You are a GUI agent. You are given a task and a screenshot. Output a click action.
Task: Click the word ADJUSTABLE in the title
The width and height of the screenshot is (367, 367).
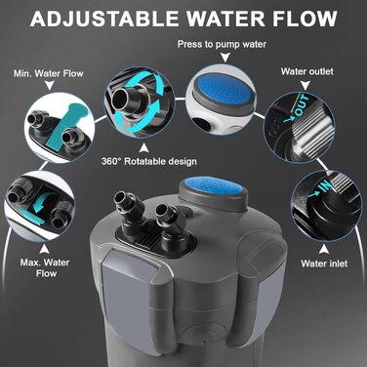coord(103,19)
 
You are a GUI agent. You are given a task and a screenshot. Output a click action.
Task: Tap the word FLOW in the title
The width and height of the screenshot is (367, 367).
coord(305,19)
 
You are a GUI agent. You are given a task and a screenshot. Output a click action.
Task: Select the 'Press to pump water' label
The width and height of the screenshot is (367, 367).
coord(222,44)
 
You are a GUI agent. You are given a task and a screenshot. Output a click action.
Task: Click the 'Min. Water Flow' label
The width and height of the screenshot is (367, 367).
coord(49,73)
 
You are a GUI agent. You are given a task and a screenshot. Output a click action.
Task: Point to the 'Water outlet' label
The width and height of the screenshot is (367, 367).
coord(307,71)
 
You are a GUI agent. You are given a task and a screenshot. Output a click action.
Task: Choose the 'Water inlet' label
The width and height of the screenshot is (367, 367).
coord(324,264)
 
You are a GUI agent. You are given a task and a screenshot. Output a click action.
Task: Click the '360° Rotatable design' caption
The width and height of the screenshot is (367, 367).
coord(149,161)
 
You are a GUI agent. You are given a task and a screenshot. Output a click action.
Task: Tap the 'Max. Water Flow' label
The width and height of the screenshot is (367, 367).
coord(45,267)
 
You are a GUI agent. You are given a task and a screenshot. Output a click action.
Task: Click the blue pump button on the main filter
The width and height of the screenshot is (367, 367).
coord(213,186)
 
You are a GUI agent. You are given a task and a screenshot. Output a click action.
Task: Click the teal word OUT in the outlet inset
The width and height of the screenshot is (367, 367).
coord(302,106)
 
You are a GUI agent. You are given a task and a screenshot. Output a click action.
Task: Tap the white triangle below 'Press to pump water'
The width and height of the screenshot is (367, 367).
coord(225,59)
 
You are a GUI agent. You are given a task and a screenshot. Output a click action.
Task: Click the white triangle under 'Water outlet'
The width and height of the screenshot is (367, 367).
coord(305,86)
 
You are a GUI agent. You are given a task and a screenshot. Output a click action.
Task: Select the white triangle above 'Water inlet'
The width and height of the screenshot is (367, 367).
coord(323,249)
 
